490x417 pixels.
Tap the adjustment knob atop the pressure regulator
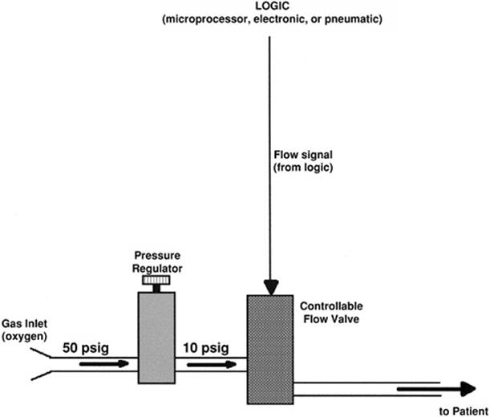154,280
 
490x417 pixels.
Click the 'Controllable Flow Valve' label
330,312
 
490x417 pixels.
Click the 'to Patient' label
464,411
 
